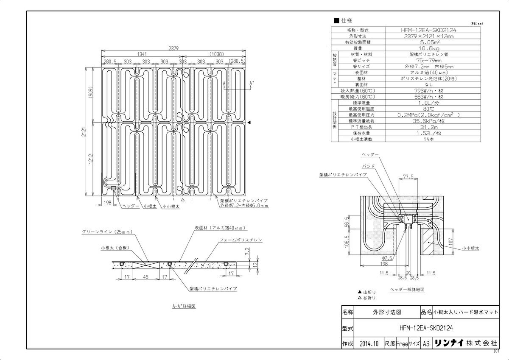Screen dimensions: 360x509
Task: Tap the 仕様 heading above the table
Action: click(x=346, y=20)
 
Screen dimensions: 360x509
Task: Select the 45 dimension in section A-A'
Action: click(x=145, y=277)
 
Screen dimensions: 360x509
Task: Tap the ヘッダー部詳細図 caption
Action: click(x=407, y=290)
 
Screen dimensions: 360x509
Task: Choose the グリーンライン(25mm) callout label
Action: click(x=108, y=232)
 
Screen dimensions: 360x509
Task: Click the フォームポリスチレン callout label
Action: click(x=241, y=240)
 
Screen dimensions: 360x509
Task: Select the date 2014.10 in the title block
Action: click(x=368, y=343)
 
